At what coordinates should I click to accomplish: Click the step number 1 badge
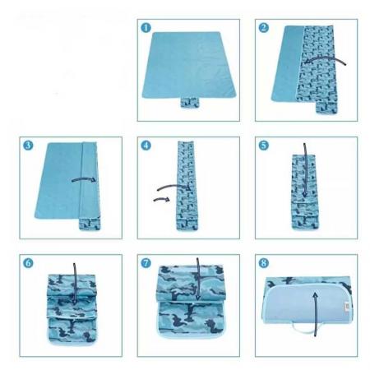click(x=146, y=27)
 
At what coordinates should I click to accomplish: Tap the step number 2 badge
click(x=264, y=27)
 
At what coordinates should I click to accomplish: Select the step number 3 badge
click(x=27, y=146)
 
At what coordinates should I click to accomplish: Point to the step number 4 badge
click(x=146, y=146)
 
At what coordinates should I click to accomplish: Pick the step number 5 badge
click(x=264, y=146)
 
